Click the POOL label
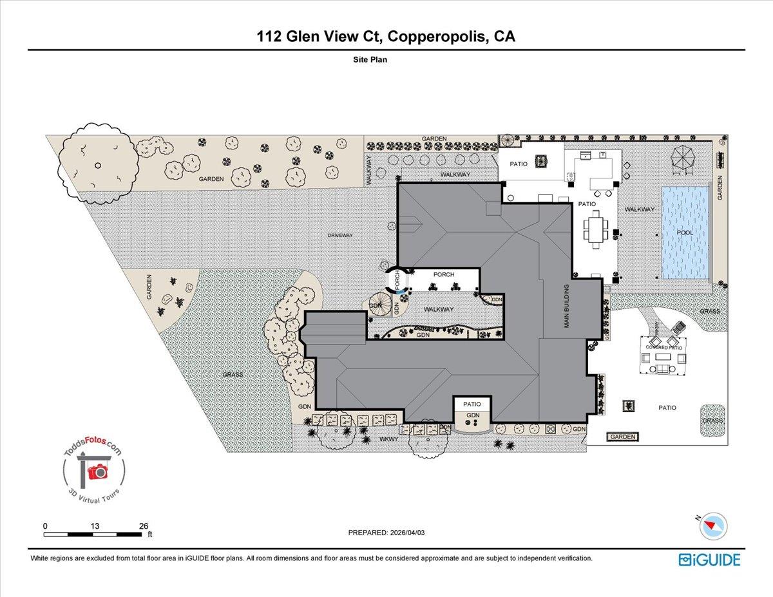click(685, 232)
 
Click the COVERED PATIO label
click(663, 348)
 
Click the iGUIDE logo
click(709, 559)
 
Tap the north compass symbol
click(713, 526)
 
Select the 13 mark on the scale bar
click(95, 526)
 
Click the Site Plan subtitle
click(370, 59)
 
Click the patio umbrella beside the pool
click(682, 156)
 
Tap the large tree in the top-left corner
click(97, 165)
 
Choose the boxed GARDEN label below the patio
click(623, 437)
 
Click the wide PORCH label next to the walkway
click(444, 274)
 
